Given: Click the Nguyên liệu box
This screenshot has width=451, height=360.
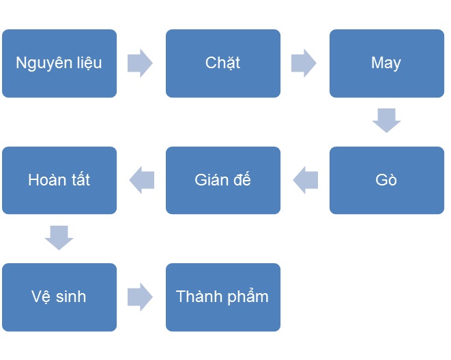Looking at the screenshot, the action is (x=59, y=63).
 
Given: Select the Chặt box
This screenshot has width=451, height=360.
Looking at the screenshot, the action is (x=223, y=63).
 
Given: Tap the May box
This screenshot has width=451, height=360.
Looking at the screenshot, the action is (x=387, y=63).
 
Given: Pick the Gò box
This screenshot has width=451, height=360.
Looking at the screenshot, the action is (x=387, y=180).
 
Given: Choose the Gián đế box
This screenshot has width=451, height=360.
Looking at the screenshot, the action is (x=223, y=180).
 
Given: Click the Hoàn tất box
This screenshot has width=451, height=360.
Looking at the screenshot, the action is (x=59, y=180).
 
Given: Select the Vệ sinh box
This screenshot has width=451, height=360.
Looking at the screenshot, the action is (x=59, y=297).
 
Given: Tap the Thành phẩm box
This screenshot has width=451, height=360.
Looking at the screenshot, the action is (x=223, y=297).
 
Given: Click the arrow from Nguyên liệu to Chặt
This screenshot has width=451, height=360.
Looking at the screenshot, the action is (x=140, y=63).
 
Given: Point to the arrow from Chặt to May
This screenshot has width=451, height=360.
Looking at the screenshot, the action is (x=304, y=63).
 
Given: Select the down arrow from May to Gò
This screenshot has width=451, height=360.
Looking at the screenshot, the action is (x=386, y=121).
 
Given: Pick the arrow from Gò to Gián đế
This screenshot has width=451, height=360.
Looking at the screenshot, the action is (x=306, y=180).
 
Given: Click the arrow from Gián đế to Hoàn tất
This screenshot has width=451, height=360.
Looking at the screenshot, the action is (x=142, y=180).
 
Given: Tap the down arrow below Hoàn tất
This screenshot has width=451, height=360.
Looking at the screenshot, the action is (x=59, y=237).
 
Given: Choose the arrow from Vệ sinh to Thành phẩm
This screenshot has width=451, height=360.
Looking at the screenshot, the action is (x=140, y=297).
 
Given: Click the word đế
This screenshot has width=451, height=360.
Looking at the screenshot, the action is (x=242, y=179).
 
